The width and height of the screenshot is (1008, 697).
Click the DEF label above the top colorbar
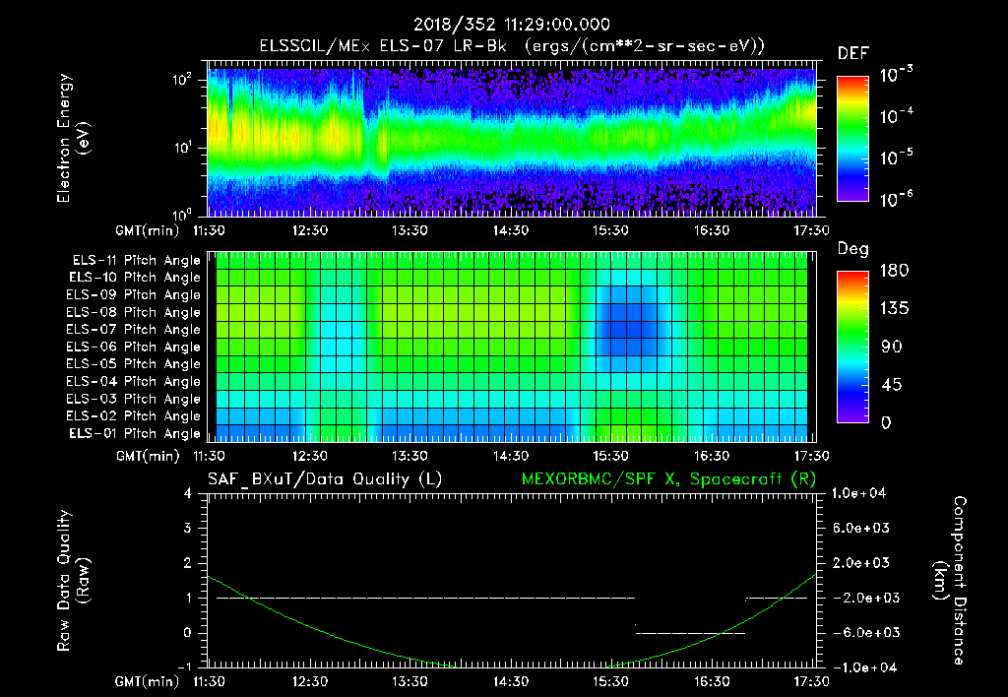(x=852, y=53)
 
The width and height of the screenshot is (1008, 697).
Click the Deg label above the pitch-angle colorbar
(x=852, y=249)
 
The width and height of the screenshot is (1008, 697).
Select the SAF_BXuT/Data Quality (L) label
(x=324, y=478)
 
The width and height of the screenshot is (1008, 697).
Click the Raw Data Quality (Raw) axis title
(x=73, y=581)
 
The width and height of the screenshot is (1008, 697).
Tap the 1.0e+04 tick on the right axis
(x=860, y=493)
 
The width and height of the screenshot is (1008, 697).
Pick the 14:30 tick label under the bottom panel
(x=510, y=681)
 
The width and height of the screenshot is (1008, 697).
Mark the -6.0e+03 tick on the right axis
(x=862, y=632)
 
